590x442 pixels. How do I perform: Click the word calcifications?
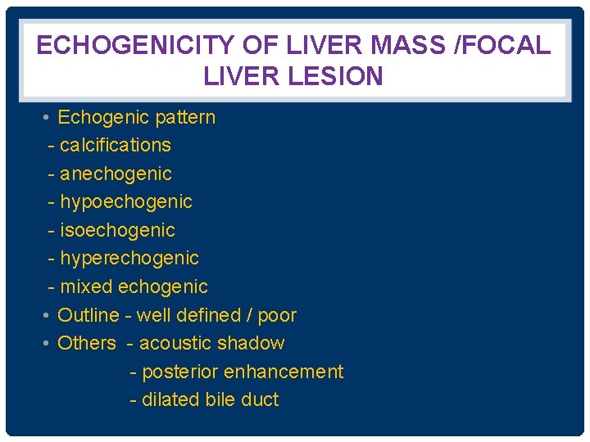[116, 146]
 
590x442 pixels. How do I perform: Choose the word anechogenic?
[116, 174]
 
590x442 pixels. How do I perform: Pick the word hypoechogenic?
[126, 202]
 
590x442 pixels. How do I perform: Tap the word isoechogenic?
[117, 231]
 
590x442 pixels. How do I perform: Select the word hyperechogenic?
[129, 259]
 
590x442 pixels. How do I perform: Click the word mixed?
[87, 287]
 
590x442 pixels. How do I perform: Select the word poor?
[276, 316]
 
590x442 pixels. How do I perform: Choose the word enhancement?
[284, 372]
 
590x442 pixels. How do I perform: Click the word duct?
[260, 400]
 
